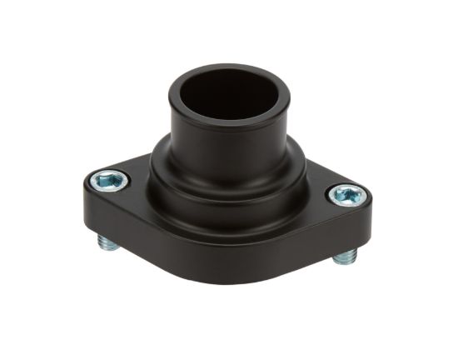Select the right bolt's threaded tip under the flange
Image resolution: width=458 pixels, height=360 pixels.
(x=344, y=257)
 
